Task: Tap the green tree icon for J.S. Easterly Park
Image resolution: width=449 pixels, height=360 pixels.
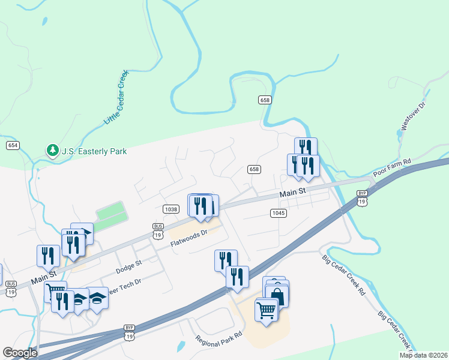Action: (53, 150)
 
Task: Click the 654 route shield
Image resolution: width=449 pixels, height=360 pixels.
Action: (13, 145)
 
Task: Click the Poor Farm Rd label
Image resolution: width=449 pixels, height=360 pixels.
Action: (391, 168)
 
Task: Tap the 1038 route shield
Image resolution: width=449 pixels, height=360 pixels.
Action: (170, 209)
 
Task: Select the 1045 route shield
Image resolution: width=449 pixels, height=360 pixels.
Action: (278, 213)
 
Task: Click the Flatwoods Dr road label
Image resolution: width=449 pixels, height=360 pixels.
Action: (188, 239)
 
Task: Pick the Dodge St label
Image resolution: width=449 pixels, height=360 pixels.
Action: (128, 266)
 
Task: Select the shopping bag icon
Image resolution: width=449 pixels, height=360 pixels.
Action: (277, 295)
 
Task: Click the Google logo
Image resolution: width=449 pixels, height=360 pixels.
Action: (20, 353)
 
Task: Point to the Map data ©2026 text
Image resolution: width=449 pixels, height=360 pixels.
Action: (423, 355)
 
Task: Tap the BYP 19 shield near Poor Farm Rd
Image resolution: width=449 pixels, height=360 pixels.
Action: (361, 197)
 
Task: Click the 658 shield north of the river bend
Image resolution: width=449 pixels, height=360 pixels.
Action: (265, 100)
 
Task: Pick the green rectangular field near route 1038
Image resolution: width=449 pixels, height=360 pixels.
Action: (112, 213)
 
